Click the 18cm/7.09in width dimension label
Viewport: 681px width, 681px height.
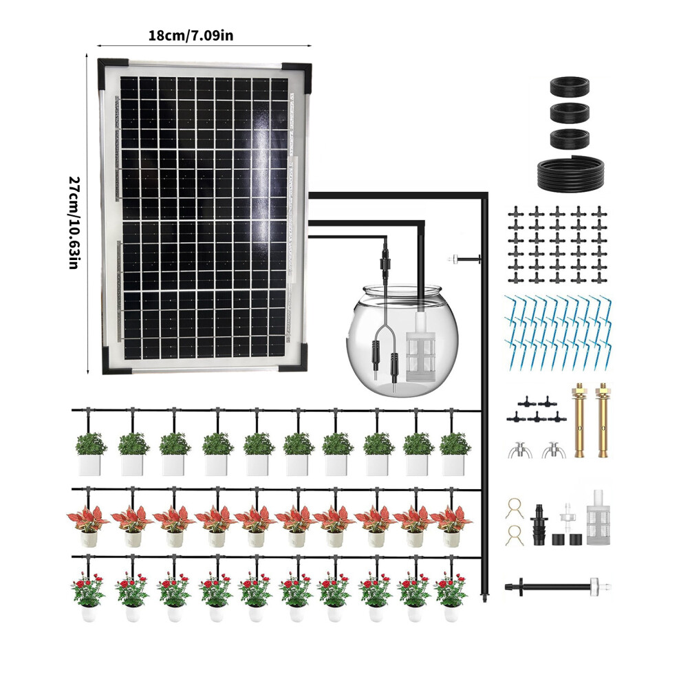[x=191, y=35]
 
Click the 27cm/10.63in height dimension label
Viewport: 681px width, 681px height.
[x=74, y=222]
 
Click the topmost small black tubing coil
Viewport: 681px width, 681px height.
[x=570, y=86]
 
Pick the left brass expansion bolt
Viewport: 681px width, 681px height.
[x=580, y=420]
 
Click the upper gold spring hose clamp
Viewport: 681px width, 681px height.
[x=515, y=508]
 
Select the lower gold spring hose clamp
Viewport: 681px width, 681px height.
[x=515, y=535]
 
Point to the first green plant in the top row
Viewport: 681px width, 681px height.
[x=90, y=453]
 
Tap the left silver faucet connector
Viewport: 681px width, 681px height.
[x=520, y=450]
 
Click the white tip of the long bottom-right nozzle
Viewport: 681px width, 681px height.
[x=601, y=586]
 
